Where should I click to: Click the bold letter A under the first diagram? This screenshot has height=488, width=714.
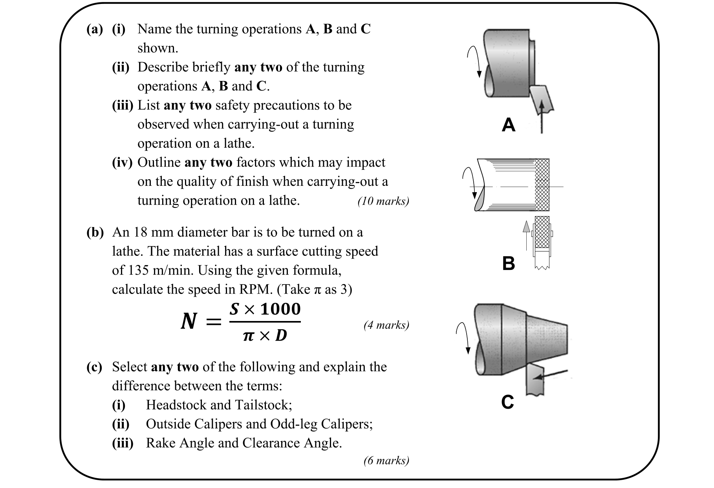pyautogui.click(x=509, y=125)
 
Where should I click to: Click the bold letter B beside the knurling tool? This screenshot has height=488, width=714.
pyautogui.click(x=509, y=263)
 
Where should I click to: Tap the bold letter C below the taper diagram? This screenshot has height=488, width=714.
pyautogui.click(x=507, y=402)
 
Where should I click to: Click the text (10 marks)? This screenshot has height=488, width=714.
pyautogui.click(x=383, y=201)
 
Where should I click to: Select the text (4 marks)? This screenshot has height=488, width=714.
pyautogui.click(x=386, y=325)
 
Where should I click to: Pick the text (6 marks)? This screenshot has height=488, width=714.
pyautogui.click(x=386, y=460)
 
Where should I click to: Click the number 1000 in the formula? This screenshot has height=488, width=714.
pyautogui.click(x=280, y=309)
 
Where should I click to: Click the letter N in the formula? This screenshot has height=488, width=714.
pyautogui.click(x=189, y=321)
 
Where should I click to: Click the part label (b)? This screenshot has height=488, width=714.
pyautogui.click(x=95, y=232)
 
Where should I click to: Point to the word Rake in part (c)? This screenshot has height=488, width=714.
pyautogui.click(x=160, y=443)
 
